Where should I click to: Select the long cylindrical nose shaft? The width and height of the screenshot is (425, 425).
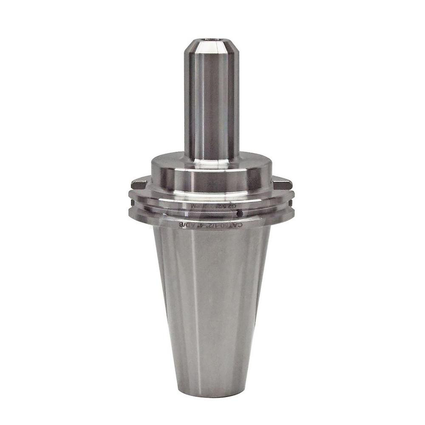point(211,102)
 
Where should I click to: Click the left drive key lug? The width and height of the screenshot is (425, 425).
point(139,184)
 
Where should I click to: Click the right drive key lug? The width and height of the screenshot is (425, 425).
point(283,184)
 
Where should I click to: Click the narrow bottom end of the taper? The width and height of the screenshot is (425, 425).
point(211,393)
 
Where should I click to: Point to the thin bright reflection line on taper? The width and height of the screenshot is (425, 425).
point(193,297)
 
